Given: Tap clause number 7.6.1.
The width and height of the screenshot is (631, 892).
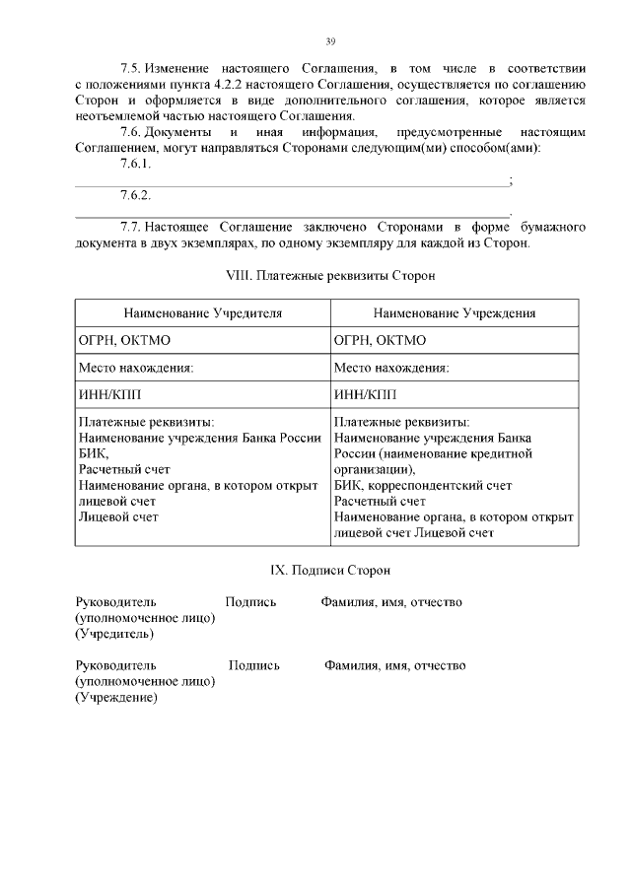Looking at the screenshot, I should click(135, 164).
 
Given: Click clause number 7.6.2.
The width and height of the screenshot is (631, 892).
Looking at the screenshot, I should click(135, 195).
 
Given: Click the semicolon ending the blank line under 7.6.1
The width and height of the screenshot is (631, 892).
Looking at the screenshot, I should click(509, 180).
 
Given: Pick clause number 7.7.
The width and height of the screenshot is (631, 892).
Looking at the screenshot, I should click(131, 226).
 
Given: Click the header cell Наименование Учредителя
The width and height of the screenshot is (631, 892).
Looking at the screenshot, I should click(202, 312).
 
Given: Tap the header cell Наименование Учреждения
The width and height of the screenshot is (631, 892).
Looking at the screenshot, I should click(455, 312).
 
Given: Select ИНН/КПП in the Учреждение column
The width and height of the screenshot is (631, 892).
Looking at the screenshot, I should click(363, 395).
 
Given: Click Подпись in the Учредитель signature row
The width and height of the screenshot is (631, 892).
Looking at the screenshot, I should click(250, 601).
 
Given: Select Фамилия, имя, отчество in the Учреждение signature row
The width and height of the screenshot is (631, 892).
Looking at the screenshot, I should click(395, 665).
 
